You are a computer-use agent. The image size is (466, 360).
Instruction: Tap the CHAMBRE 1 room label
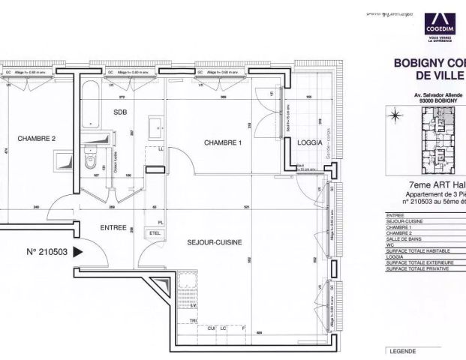point(224,142)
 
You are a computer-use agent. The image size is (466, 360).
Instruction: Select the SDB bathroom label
point(121,112)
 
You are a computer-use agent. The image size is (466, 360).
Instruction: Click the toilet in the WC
point(91,159)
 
